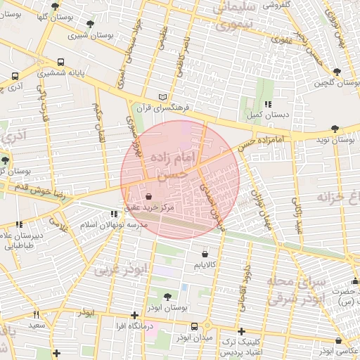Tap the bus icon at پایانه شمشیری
[60, 62]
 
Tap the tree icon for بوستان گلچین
[337, 72]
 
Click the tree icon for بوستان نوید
[334, 129]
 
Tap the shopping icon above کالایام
[205, 254]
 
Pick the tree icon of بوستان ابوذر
[167, 297]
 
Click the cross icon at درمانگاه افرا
[135, 316]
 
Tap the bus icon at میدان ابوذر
[195, 327]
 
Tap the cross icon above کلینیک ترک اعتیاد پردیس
[241, 330]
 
